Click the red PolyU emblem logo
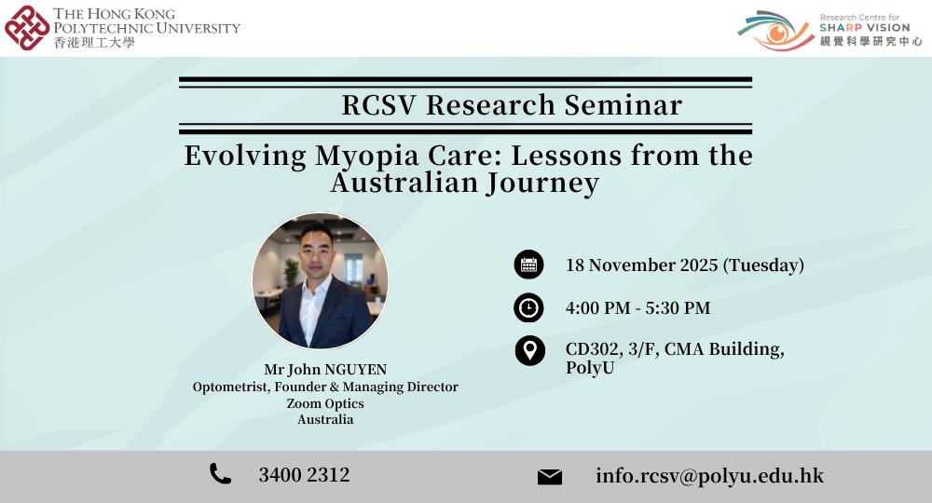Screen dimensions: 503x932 click(x=27, y=27)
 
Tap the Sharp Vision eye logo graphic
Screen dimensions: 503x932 click(x=774, y=30)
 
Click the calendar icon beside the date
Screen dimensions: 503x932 click(x=529, y=265)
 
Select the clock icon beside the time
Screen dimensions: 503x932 click(x=529, y=307)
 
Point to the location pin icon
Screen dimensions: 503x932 click(x=529, y=350)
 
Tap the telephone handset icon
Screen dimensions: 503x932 click(x=220, y=475)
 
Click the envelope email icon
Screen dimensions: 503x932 click(x=550, y=477)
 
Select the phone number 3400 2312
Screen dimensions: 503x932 click(x=304, y=475)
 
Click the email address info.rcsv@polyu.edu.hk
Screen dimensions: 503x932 click(x=709, y=475)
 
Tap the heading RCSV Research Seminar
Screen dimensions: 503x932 click(x=512, y=105)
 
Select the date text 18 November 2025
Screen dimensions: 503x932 click(x=642, y=265)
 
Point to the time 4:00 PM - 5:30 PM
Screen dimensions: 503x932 click(x=637, y=307)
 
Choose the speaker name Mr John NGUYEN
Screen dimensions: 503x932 click(x=324, y=370)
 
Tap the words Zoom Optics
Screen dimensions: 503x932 click(x=325, y=403)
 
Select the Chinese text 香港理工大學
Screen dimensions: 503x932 click(x=93, y=43)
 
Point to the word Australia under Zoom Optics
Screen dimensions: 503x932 click(x=325, y=419)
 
